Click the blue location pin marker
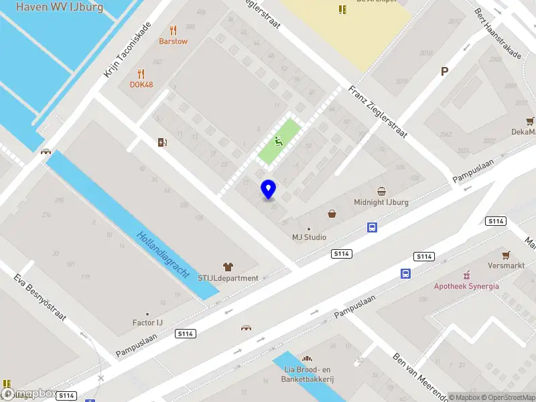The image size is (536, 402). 269,189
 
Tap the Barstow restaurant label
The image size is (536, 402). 173,41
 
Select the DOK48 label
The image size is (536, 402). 141,85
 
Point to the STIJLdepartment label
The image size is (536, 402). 228,278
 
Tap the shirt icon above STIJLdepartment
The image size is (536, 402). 228,266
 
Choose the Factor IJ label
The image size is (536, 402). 147,323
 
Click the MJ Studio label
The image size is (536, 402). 309,237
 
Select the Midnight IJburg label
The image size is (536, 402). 381,202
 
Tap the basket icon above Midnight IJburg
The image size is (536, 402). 381,191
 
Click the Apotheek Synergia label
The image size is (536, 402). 466,286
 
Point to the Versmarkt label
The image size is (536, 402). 507,265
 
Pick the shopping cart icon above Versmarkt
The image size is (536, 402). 507,255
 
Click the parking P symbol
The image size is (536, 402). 444,72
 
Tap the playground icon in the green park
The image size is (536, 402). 279,141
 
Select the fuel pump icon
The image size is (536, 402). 161,141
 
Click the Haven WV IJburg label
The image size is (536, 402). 59,7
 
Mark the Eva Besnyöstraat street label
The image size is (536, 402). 42,297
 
